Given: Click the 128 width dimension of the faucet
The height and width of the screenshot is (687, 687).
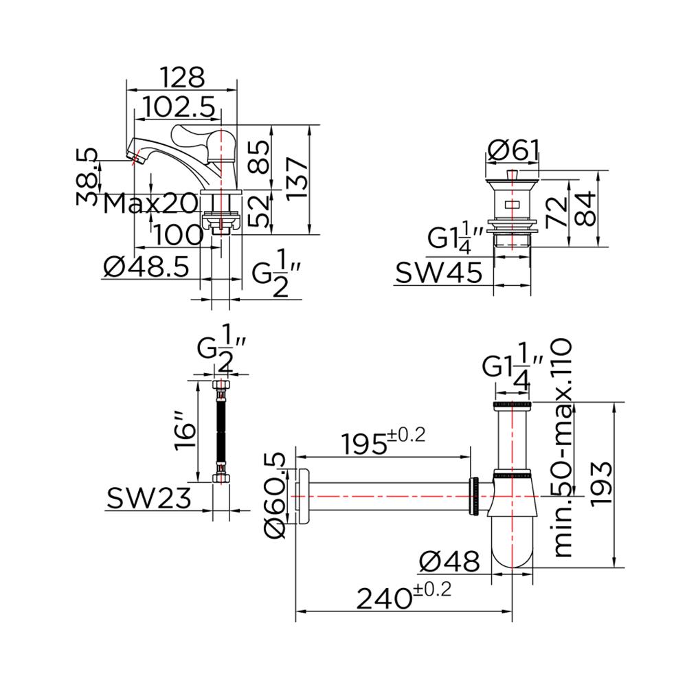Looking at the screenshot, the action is (x=182, y=77).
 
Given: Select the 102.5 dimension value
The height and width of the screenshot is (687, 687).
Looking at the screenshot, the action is (x=179, y=106).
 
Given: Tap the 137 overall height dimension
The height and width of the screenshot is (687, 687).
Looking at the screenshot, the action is (x=297, y=179).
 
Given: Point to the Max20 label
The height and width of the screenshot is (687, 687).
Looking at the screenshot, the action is (x=150, y=204).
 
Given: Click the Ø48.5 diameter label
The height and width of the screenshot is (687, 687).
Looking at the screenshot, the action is (x=146, y=267).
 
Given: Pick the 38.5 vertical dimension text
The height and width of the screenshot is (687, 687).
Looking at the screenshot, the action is (x=88, y=177).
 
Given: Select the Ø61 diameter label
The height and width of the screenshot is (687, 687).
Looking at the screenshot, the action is (x=513, y=150).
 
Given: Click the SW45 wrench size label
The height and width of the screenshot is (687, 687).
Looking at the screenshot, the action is (x=438, y=273).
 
